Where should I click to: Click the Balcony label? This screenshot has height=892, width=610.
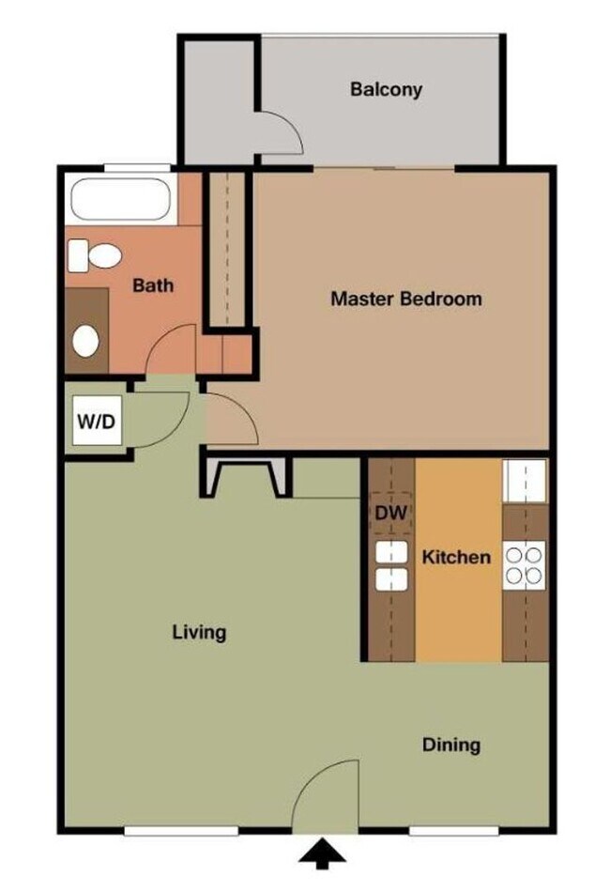click(386, 90)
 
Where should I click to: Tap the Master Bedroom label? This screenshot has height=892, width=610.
click(405, 300)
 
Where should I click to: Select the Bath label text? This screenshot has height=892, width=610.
click(152, 285)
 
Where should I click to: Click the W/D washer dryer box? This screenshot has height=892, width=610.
click(97, 423)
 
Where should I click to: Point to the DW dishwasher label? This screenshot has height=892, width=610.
click(391, 514)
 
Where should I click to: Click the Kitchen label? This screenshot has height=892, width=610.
click(455, 557)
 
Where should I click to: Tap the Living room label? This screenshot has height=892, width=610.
click(199, 632)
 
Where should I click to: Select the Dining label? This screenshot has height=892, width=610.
click(450, 746)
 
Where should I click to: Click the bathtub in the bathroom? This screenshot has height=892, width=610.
click(120, 201)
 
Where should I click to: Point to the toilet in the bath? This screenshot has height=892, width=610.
click(95, 254)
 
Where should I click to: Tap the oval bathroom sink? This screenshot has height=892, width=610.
click(86, 341)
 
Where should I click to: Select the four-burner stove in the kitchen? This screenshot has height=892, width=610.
click(524, 565)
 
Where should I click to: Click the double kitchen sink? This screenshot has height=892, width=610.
click(391, 566)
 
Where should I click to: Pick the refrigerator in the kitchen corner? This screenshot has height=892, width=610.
click(524, 482)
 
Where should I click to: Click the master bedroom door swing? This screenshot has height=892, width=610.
click(230, 419)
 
